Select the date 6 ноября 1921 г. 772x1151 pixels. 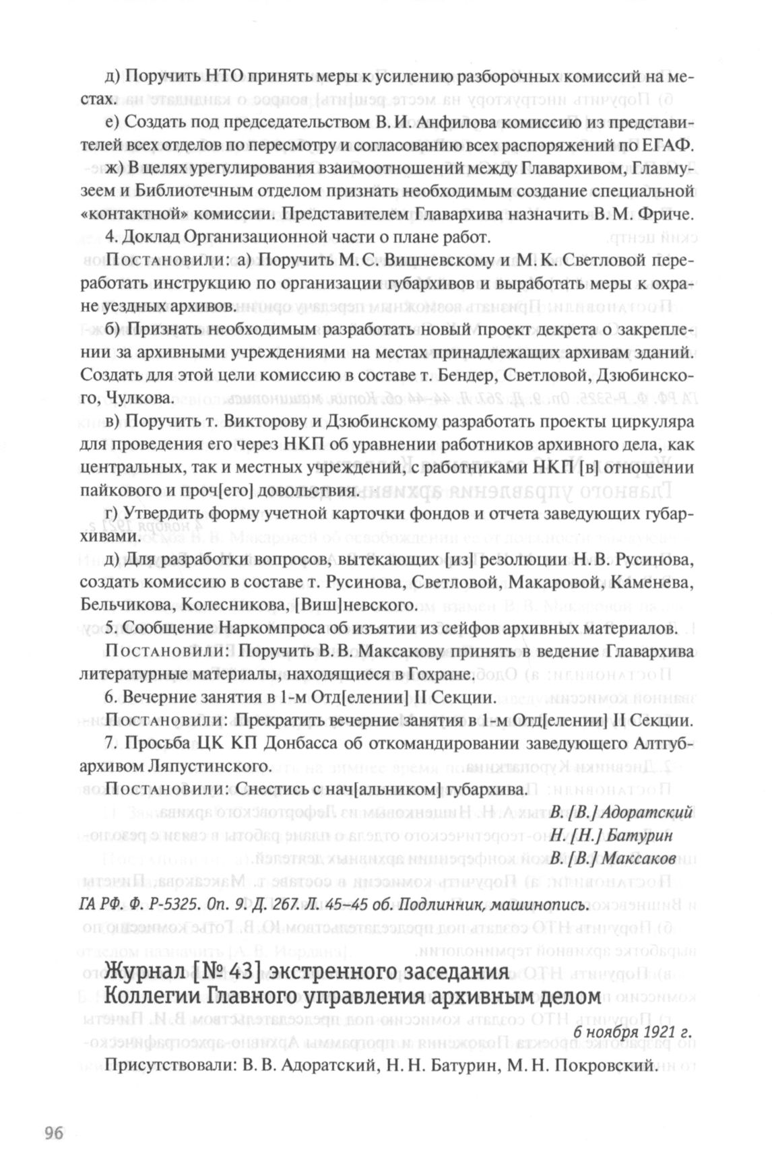(x=633, y=1031)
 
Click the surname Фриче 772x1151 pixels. (x=668, y=215)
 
